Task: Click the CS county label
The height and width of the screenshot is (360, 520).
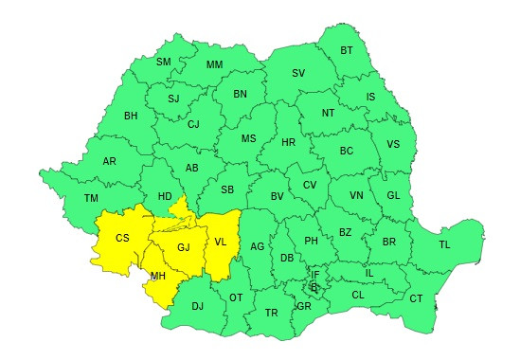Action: click(x=122, y=238)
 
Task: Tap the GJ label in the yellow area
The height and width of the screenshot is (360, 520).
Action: click(x=184, y=247)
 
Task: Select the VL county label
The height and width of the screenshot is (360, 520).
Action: click(x=221, y=242)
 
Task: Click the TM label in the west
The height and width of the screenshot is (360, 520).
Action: click(x=91, y=198)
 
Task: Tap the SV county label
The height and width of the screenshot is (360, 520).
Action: click(x=298, y=73)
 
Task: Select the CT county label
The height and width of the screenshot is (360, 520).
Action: click(x=416, y=298)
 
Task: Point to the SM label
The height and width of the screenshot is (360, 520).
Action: click(x=163, y=63)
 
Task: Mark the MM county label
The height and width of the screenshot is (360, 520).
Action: click(x=214, y=65)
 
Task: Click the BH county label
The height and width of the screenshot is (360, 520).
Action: click(x=131, y=117)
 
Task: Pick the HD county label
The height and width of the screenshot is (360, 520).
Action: click(x=165, y=196)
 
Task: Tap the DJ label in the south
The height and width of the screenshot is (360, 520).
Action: click(x=197, y=306)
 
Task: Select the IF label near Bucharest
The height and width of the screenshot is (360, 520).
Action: click(x=315, y=275)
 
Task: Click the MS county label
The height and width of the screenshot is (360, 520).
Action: click(x=248, y=138)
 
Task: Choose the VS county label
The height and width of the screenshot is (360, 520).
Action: click(x=393, y=144)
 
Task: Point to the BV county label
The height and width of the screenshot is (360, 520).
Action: click(x=278, y=196)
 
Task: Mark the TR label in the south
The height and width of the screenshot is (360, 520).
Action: click(x=272, y=313)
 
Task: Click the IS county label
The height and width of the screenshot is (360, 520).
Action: click(x=370, y=96)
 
